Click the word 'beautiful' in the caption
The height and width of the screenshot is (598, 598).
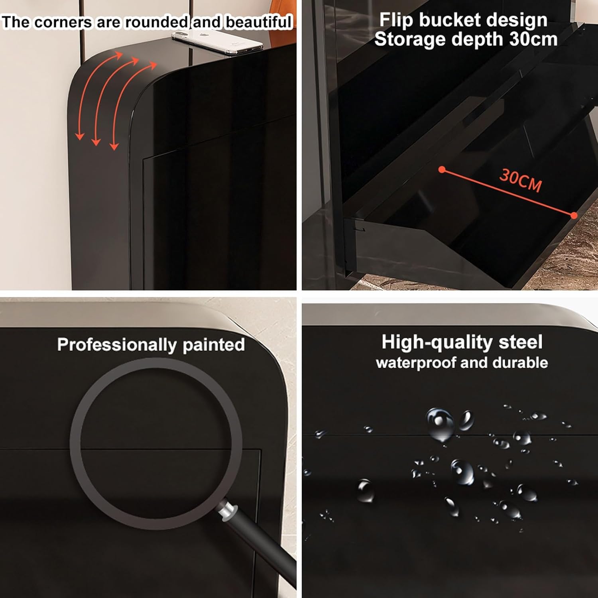pyautogui.click(x=259, y=22)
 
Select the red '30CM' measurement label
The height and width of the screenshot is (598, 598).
pyautogui.click(x=521, y=181)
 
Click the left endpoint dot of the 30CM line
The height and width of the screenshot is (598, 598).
pyautogui.click(x=442, y=170)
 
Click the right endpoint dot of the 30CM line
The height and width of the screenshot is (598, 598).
pyautogui.click(x=574, y=215)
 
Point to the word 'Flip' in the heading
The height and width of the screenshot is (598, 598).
pyautogui.click(x=396, y=20)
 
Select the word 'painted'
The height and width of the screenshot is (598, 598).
pyautogui.click(x=214, y=345)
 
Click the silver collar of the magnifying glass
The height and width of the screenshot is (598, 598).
pyautogui.click(x=227, y=511)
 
